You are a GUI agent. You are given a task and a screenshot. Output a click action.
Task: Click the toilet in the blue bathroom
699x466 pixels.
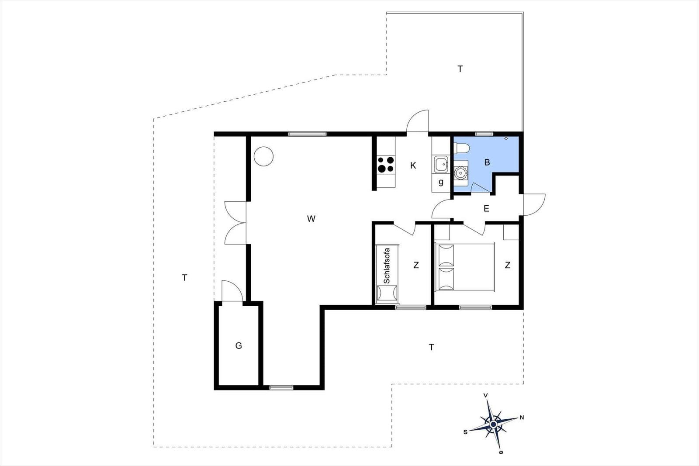(461, 148)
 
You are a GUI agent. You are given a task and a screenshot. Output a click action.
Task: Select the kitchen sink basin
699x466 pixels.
(441, 164)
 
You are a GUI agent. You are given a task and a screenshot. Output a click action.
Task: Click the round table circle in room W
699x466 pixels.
(264, 156)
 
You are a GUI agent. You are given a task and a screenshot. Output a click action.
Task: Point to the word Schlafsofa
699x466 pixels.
(387, 266)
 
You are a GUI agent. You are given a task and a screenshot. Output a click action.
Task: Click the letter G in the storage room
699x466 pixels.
(239, 345)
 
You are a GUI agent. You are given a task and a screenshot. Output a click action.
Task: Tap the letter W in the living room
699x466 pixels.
(311, 219)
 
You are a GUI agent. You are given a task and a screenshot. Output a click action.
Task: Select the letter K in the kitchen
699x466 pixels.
(413, 166)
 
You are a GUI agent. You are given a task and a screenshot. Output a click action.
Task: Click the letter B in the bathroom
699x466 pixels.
(487, 162)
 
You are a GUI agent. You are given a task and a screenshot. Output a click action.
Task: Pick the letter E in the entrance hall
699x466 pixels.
(486, 208)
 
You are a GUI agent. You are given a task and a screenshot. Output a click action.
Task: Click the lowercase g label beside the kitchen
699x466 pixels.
(441, 182)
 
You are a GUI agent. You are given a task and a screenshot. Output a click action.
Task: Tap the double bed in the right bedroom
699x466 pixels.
(465, 267)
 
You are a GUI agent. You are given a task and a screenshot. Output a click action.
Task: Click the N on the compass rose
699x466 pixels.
(522, 418)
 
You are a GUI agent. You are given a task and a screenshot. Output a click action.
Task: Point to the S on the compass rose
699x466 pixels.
(465, 432)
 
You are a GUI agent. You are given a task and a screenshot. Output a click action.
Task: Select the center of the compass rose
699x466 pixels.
(493, 424)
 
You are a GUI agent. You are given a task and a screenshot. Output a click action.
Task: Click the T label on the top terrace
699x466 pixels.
(460, 69)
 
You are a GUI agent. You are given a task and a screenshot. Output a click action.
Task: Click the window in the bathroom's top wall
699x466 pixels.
(484, 134)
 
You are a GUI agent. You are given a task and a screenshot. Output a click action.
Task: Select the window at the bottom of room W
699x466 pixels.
(281, 388)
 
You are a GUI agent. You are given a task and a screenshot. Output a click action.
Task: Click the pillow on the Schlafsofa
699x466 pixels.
(387, 293)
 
